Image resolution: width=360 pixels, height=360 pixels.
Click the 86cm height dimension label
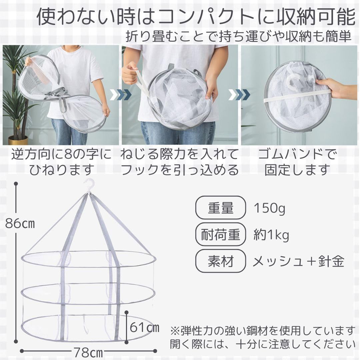click(x=20, y=223)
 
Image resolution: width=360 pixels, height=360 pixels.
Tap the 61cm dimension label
click(x=144, y=328)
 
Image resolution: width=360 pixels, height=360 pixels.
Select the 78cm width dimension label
click(x=88, y=352)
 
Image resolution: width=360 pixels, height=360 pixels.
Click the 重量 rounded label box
click(x=220, y=208)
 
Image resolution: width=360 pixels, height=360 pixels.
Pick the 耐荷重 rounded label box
click(x=220, y=234)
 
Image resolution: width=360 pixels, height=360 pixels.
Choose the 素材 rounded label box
click(x=220, y=261)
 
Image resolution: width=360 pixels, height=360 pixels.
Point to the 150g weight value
click(x=270, y=208)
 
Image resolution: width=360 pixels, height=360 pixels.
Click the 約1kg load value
click(x=271, y=235)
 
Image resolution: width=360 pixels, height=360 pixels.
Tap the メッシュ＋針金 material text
click(x=298, y=261)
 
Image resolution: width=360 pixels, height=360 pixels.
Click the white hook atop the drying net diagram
click(x=90, y=185)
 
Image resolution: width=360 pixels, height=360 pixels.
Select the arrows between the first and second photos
click(x=121, y=95)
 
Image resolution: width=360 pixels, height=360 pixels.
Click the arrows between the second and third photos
click(x=239, y=95)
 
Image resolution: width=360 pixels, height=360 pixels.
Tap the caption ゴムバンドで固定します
click(x=297, y=162)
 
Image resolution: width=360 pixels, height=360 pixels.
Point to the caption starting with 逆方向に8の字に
click(x=62, y=162)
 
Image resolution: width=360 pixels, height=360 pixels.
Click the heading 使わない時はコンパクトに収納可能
click(x=196, y=17)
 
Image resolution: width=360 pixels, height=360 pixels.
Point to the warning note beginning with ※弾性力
click(x=263, y=337)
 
